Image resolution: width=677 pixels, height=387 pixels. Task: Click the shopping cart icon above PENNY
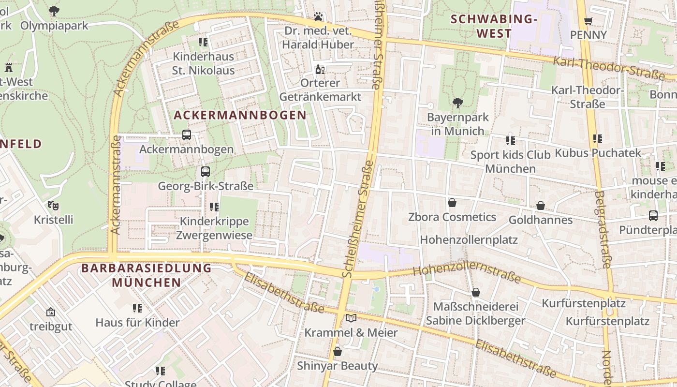coord(588,21)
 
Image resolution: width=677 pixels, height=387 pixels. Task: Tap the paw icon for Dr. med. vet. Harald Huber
coord(318,17)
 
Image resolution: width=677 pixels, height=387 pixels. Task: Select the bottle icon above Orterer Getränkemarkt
coord(319,70)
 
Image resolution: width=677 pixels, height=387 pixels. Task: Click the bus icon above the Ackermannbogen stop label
coord(187,135)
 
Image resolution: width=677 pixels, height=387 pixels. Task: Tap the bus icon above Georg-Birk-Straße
coord(206,172)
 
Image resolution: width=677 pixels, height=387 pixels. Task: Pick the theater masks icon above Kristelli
coord(53,206)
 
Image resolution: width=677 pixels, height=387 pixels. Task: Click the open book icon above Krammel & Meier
coord(351,318)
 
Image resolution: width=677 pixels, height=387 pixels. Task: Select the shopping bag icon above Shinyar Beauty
coord(338,351)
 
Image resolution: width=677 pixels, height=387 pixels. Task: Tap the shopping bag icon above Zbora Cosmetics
coord(452,203)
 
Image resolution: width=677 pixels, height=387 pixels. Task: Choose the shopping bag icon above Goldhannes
coord(541,206)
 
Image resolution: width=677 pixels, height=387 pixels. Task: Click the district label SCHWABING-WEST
coord(494,27)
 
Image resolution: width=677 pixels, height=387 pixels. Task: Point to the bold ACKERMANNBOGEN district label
coord(240,115)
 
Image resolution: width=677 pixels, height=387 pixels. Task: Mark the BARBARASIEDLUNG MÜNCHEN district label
coord(147,275)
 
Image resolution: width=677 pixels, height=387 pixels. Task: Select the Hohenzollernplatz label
coord(469,240)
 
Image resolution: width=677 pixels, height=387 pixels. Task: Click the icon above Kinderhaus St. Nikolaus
coord(203,42)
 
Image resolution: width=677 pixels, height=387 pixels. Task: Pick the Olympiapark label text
coord(54,25)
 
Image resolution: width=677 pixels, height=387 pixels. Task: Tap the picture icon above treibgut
coord(51,313)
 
